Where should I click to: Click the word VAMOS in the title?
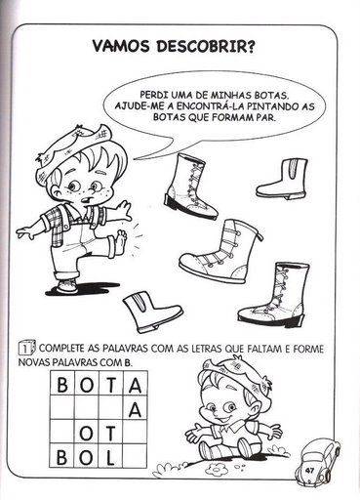120,46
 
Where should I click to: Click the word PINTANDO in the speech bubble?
269,106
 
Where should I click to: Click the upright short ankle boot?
282,179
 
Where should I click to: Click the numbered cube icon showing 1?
27,349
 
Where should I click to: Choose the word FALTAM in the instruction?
261,349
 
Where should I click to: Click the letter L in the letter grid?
110,457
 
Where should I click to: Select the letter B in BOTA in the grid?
62,385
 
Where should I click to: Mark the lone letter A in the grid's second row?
135,409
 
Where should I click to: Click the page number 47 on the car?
309,470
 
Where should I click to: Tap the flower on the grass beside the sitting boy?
217,470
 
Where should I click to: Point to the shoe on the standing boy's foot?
66,286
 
